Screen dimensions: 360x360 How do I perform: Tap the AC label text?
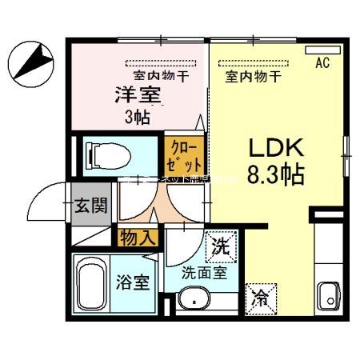(x=323, y=62)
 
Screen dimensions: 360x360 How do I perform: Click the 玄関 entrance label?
(x=91, y=206)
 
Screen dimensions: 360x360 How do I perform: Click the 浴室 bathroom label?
(x=133, y=283)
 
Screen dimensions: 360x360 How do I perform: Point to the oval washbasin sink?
(x=192, y=301)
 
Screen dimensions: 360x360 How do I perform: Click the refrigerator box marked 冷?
(x=261, y=300)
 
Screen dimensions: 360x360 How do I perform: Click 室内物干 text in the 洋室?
(x=161, y=76)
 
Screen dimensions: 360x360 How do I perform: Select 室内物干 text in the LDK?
(x=252, y=77)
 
